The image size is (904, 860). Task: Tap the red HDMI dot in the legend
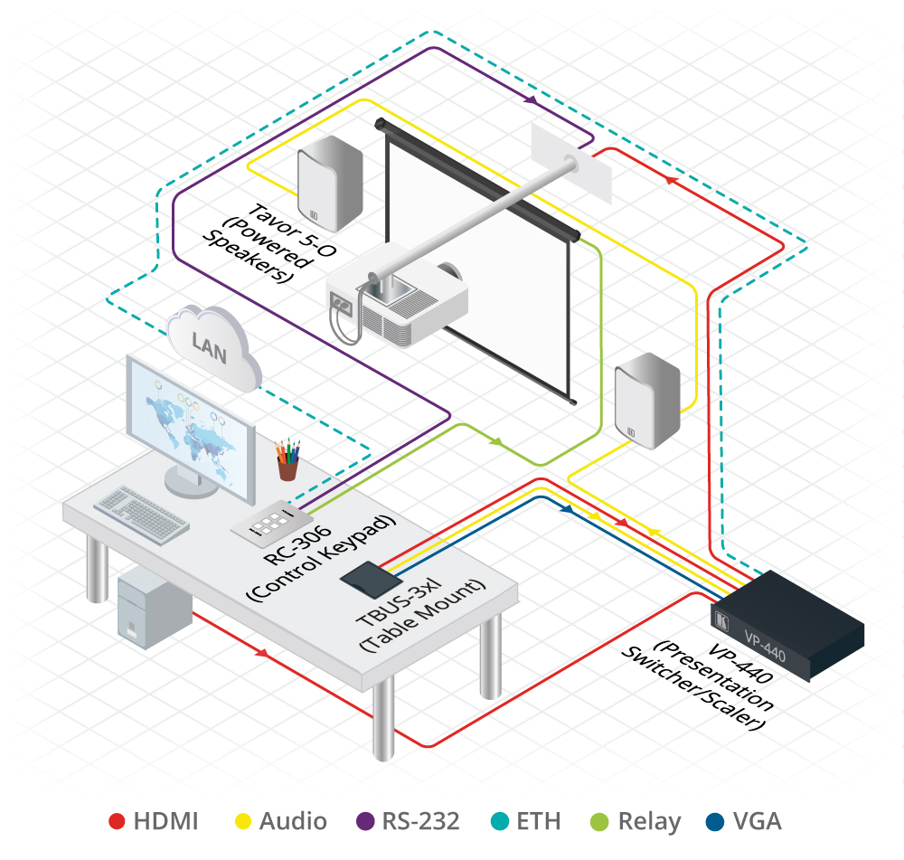pyautogui.click(x=117, y=821)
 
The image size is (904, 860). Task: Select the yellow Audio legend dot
pyautogui.click(x=242, y=821)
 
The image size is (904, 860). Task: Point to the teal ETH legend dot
pyautogui.click(x=500, y=821)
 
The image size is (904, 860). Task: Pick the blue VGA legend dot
pyautogui.click(x=716, y=821)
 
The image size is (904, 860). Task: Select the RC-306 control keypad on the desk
pyautogui.click(x=271, y=525)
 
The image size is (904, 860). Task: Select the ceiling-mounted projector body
pyautogui.click(x=398, y=303)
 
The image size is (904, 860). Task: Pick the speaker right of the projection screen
pyautogui.click(x=647, y=402)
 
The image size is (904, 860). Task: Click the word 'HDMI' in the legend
pyautogui.click(x=165, y=821)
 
